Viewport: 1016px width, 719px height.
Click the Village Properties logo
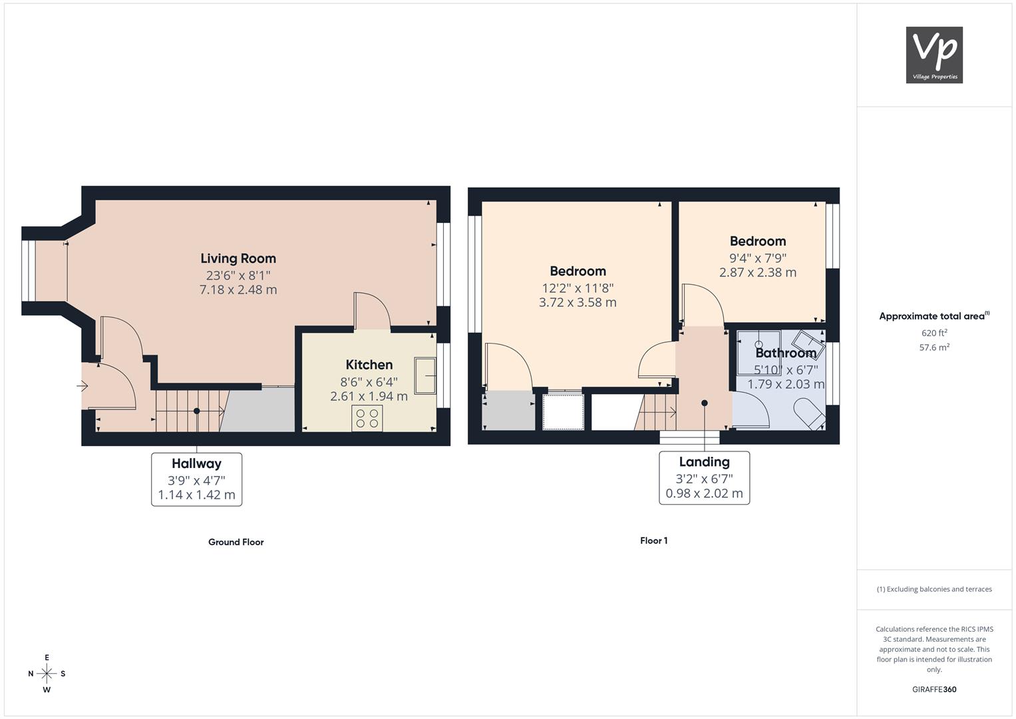point(934,55)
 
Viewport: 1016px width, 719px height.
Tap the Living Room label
point(238,258)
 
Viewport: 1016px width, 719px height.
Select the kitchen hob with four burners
point(367,418)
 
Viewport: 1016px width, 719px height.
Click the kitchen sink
point(425,375)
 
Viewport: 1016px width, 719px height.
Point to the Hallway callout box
point(196,479)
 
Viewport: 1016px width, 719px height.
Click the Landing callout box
point(704,477)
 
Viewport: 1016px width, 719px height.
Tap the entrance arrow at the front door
point(82,386)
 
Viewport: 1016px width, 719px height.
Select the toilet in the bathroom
point(809,414)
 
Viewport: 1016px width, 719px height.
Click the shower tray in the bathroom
point(759,352)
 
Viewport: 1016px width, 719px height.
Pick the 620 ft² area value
point(934,333)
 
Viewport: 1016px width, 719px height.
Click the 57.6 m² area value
point(934,348)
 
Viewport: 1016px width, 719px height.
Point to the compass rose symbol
point(47,674)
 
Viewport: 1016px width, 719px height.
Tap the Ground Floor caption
point(236,542)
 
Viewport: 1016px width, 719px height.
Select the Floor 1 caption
point(653,541)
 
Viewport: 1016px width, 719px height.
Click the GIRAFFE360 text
point(934,689)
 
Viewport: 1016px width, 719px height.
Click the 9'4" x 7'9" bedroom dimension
point(757,258)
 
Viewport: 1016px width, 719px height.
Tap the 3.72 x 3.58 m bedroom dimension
point(578,302)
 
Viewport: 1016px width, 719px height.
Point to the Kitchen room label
point(369,365)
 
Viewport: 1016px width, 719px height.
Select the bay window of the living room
point(28,270)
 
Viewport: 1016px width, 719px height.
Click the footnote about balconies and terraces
point(934,589)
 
